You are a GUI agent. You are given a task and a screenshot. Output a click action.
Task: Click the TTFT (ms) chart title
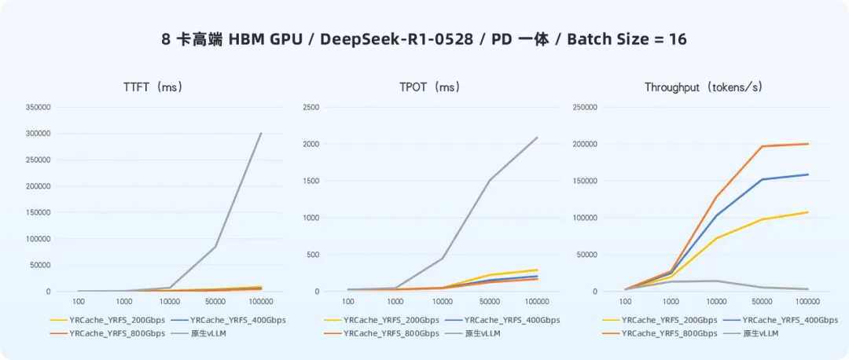coord(153,87)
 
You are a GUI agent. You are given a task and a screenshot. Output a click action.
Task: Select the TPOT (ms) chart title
coord(424,87)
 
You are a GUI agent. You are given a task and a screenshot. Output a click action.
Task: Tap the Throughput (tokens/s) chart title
coord(703,87)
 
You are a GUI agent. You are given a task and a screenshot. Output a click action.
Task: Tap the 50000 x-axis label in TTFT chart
coord(215,302)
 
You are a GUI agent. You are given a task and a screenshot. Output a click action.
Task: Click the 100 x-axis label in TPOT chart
coord(348,302)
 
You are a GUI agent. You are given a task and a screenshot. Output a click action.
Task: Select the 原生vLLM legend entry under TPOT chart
coord(483,333)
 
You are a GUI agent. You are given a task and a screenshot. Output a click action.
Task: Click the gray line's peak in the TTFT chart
coord(261,134)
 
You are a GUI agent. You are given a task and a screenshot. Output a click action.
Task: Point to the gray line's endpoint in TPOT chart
coord(537,138)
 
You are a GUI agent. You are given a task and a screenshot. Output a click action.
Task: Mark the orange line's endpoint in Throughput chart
coord(808,144)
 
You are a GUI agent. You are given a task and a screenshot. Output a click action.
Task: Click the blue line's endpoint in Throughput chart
coord(808,174)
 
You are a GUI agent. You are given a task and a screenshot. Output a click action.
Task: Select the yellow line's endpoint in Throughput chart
coord(808,212)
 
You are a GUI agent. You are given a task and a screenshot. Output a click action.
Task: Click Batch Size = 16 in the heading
coord(627,39)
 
